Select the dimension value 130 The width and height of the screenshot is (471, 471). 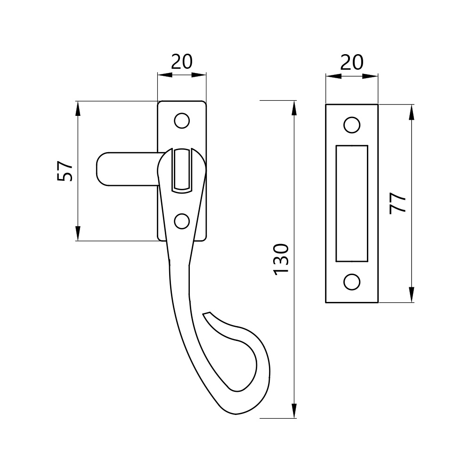(x=281, y=260)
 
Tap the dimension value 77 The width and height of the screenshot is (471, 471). (x=398, y=203)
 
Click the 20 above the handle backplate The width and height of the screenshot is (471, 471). (x=182, y=62)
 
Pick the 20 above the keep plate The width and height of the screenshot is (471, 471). (x=352, y=62)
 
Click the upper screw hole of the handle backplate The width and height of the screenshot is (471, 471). (x=181, y=121)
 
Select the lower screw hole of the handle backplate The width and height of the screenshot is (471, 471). (x=181, y=220)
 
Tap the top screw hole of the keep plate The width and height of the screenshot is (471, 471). (x=351, y=125)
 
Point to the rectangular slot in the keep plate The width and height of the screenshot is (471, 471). (x=351, y=203)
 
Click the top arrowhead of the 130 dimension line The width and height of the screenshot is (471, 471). (x=294, y=106)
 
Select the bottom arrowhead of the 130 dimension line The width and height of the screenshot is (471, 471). (x=294, y=413)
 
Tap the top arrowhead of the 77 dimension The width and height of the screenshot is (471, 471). (x=412, y=109)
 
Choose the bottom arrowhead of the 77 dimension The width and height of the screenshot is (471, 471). (x=412, y=297)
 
